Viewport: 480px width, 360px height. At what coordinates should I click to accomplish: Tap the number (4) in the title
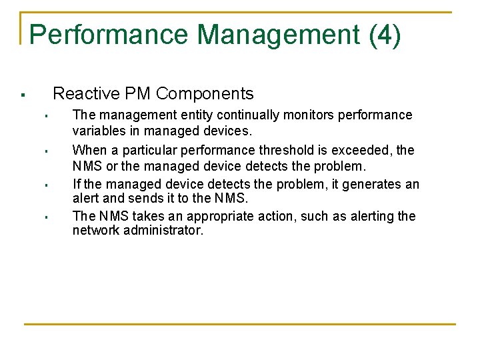click(x=385, y=35)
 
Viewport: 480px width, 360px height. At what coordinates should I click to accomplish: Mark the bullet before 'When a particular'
click(x=45, y=151)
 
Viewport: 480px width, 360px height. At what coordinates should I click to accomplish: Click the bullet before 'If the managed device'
click(x=45, y=185)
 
